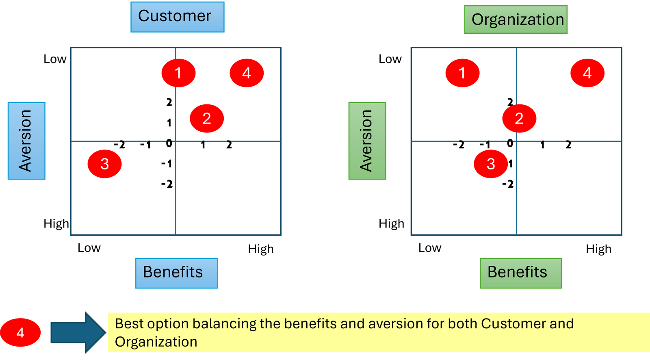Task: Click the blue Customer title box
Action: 178,17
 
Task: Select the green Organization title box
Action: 516,20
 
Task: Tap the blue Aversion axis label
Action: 26,141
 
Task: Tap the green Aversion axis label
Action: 367,141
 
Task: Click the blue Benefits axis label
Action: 177,273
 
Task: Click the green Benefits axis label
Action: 521,273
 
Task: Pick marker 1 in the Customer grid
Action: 178,73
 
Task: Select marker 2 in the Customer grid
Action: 207,119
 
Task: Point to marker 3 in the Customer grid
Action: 104,164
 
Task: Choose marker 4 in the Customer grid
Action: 247,73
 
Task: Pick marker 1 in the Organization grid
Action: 462,73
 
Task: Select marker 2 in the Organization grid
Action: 519,119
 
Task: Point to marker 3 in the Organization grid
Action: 491,164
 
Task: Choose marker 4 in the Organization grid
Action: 587,73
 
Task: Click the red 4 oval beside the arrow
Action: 21,333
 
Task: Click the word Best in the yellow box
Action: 129,324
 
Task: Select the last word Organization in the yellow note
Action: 156,342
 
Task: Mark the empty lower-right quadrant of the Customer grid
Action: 228,188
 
